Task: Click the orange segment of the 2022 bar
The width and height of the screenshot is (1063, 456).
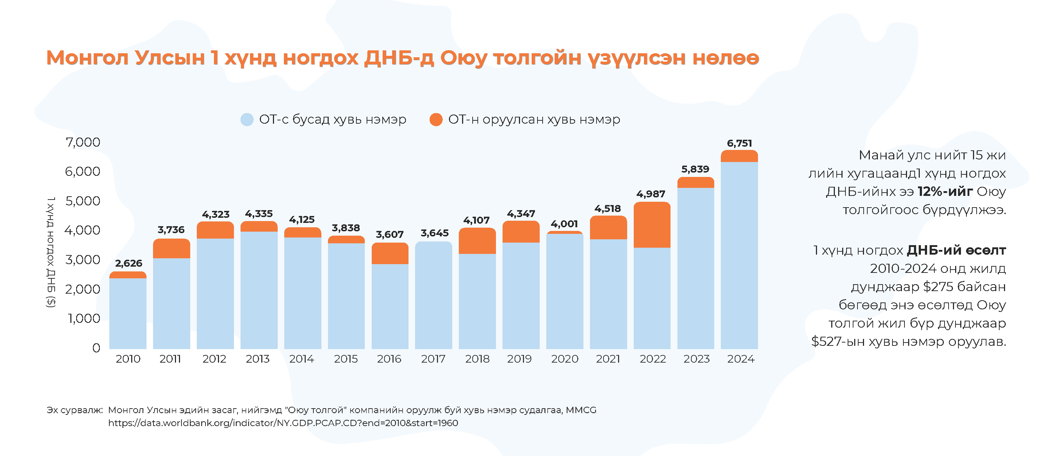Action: pos(652,225)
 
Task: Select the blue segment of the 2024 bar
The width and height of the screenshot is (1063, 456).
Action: pos(739,256)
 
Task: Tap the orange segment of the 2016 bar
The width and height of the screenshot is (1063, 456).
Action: pos(390,254)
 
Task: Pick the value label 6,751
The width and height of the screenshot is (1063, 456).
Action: pos(739,143)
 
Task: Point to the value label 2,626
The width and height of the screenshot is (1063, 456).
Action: pos(128,263)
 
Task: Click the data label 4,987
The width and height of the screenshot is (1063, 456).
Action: pos(651,194)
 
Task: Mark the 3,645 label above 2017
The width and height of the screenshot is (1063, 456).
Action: pos(434,233)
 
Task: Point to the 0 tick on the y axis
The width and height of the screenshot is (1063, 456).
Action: pos(96,348)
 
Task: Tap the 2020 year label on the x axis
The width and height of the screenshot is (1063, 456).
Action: pos(564,359)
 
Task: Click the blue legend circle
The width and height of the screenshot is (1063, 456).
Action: pos(247,120)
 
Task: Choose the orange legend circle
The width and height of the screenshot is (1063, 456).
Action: pos(436,120)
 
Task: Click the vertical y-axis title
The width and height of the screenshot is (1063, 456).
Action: pos(51,252)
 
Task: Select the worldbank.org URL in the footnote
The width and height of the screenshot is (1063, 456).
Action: pos(283,423)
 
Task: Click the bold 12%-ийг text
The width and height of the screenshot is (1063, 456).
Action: pos(945,192)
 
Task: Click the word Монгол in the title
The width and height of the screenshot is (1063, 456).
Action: pos(88,58)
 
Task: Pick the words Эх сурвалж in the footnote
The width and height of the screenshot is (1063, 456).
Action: pos(74,410)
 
